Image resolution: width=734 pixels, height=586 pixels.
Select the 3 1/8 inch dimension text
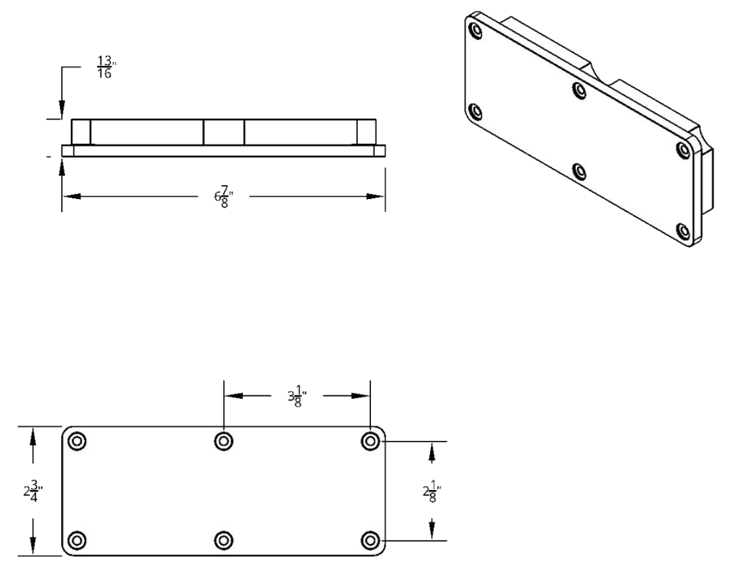(296, 396)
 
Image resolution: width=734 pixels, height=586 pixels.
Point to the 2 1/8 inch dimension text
(431, 491)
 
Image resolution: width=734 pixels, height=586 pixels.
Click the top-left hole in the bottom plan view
(77, 441)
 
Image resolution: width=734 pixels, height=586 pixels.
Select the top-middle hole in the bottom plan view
(224, 441)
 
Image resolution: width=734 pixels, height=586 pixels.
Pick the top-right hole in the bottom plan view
(371, 441)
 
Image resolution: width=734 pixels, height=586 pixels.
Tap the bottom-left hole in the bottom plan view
(77, 540)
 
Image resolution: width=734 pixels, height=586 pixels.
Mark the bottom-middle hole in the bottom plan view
(224, 540)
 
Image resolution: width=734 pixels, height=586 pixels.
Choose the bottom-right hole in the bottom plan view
(371, 540)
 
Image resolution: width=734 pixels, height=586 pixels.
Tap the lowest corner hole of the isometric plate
(684, 231)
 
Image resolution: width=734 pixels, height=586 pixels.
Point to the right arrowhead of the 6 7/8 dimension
(376, 196)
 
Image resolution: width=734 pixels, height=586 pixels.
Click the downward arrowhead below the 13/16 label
(61, 109)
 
